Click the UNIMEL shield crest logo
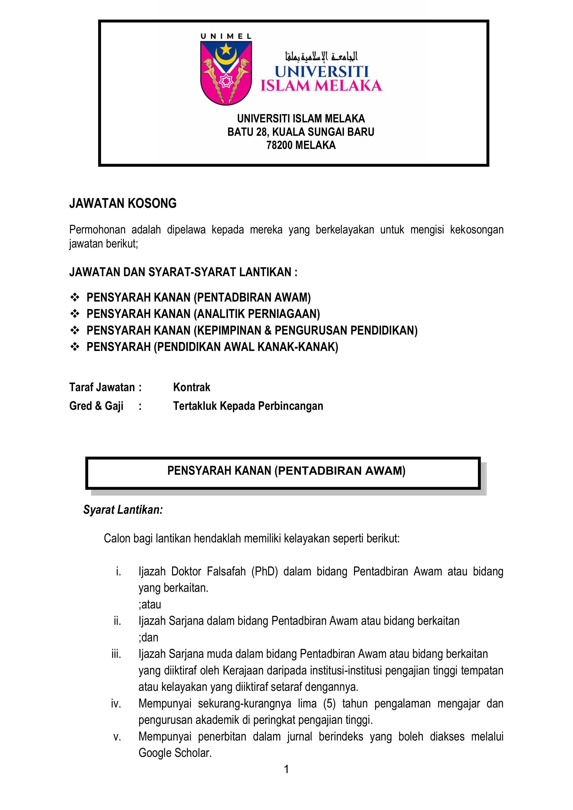(226, 72)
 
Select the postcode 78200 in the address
(279, 145)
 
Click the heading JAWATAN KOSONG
(123, 204)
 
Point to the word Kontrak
(192, 387)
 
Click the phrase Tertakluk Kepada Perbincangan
(248, 406)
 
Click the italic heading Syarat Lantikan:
(123, 510)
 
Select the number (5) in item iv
(329, 704)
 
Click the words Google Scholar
(175, 753)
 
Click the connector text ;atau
(150, 604)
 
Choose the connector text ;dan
(148, 638)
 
